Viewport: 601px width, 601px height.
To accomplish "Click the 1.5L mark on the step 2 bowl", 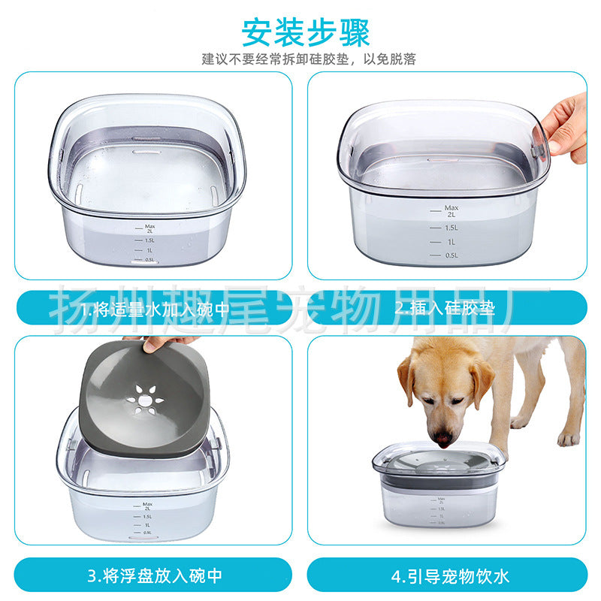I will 449,228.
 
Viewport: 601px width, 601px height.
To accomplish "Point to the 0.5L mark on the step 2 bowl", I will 449,255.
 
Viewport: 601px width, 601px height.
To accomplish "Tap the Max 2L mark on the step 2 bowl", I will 450,210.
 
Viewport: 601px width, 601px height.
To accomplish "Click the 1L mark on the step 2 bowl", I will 450,242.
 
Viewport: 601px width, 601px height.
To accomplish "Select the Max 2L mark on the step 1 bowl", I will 149,227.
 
